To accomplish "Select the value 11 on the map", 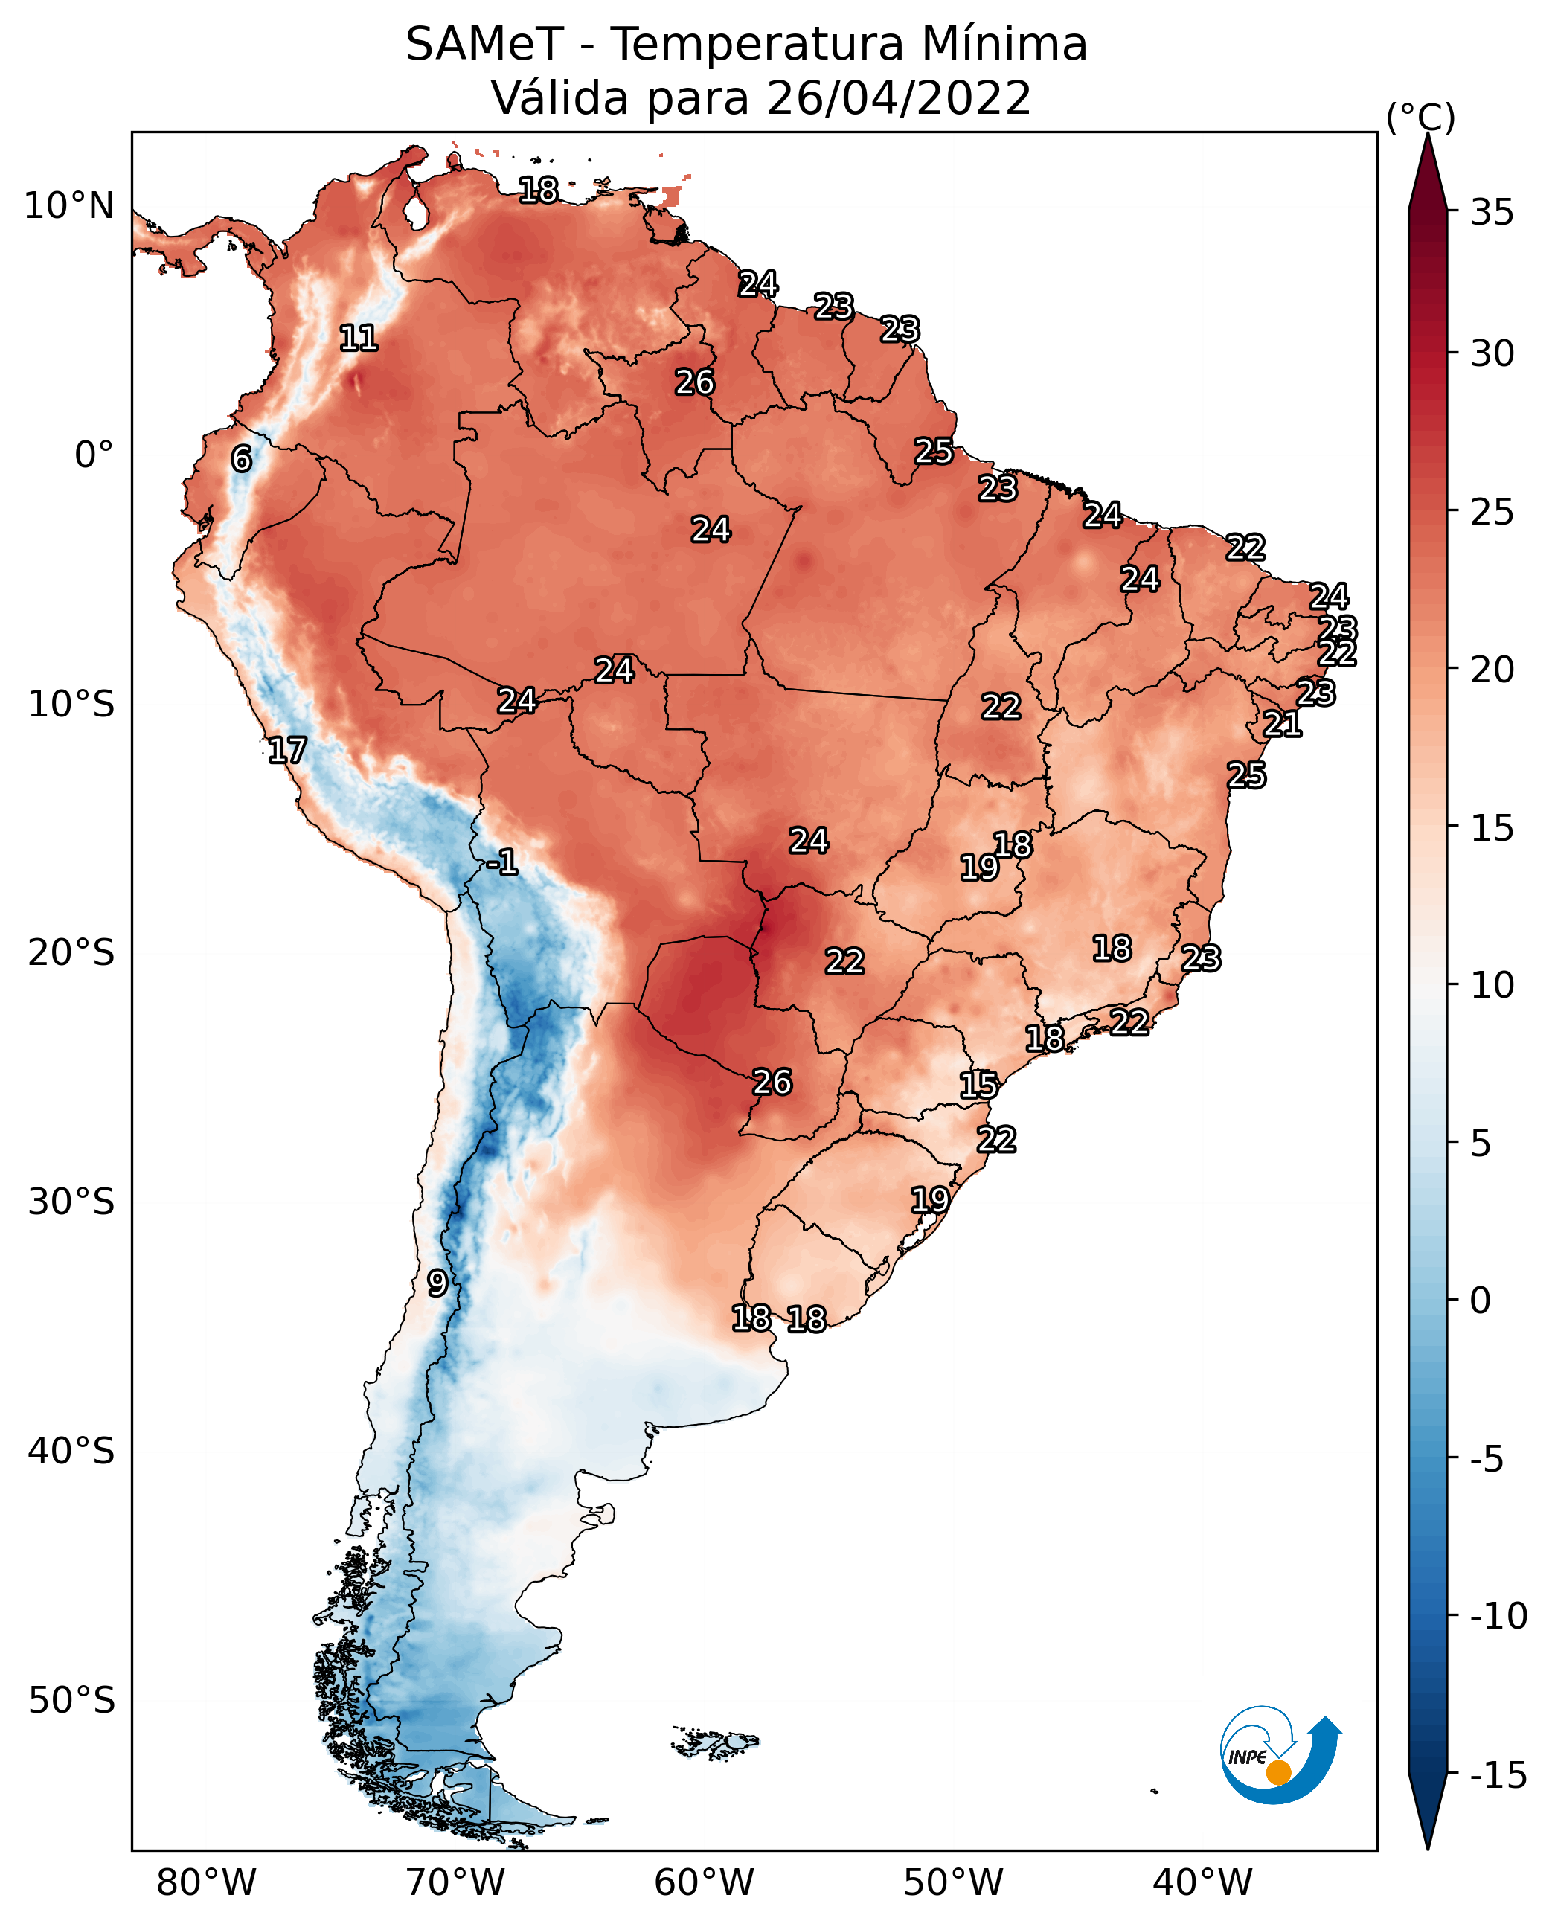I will (x=359, y=338).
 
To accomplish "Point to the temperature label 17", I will (x=287, y=750).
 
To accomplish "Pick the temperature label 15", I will (x=979, y=1086).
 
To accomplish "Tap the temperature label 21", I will (x=1282, y=724).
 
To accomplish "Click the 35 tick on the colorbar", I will (x=1492, y=213).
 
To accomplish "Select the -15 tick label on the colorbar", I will (x=1498, y=1774).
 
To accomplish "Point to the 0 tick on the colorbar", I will (x=1481, y=1300).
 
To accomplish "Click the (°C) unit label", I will (x=1420, y=117).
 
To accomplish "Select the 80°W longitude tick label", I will (x=207, y=1882).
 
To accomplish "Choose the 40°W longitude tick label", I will (x=1202, y=1882).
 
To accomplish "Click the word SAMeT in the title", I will (x=484, y=45).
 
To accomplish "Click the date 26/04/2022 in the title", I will (x=899, y=97).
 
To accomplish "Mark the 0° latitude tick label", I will (x=94, y=455).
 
